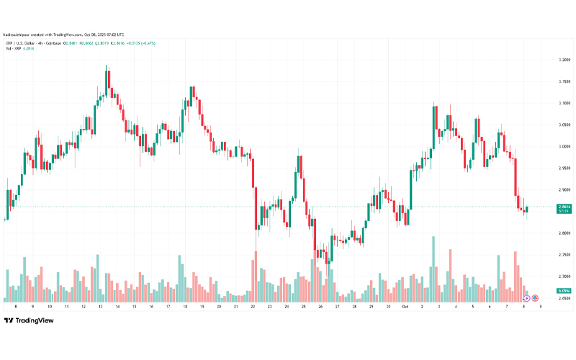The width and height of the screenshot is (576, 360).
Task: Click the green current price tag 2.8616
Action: coord(564,208)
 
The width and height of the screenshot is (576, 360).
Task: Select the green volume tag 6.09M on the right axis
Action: coord(564,290)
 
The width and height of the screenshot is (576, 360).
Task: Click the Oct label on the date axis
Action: coord(405,306)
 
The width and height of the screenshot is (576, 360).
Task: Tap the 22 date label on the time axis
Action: coord(253,306)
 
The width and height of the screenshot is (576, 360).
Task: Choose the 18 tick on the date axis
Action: coord(185,306)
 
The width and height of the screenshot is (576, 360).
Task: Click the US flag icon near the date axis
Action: coord(535,297)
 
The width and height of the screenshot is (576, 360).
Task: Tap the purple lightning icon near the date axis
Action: coord(526,297)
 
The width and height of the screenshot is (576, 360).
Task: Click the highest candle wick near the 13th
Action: coord(107,68)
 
